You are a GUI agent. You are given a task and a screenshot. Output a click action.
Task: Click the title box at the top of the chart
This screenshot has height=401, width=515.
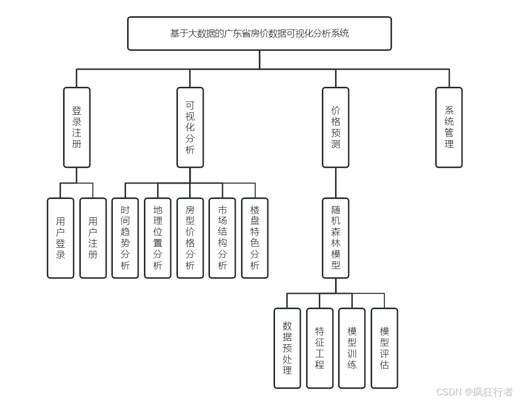pyautogui.click(x=259, y=34)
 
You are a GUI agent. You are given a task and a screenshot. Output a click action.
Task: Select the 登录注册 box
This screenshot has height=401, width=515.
pyautogui.click(x=77, y=127)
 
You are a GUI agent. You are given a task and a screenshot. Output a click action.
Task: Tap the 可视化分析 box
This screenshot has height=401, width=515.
pyautogui.click(x=190, y=127)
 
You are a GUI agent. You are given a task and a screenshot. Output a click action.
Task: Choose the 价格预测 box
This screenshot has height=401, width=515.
pyautogui.click(x=336, y=127)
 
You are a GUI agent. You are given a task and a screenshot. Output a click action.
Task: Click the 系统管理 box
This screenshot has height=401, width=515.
pyautogui.click(x=449, y=127)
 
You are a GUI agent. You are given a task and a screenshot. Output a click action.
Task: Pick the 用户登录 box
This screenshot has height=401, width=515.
pyautogui.click(x=60, y=238)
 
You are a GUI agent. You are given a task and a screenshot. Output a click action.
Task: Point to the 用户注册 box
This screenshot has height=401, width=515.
pyautogui.click(x=93, y=238)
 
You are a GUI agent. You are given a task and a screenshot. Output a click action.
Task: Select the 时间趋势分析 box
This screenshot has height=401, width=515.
pyautogui.click(x=125, y=238)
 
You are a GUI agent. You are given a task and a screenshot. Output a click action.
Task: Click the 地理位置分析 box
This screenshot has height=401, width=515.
pyautogui.click(x=158, y=238)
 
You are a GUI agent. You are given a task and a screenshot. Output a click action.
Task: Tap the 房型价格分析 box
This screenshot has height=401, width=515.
pyautogui.click(x=190, y=238)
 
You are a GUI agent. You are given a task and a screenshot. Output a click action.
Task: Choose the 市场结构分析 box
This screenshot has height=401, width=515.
pyautogui.click(x=222, y=238)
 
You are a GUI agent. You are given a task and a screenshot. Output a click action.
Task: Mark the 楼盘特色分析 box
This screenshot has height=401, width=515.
pyautogui.click(x=255, y=238)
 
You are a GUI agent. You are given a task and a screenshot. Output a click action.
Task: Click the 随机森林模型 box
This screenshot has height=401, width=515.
pyautogui.click(x=336, y=238)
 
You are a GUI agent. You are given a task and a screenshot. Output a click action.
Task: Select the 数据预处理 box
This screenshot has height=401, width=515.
pyautogui.click(x=287, y=348)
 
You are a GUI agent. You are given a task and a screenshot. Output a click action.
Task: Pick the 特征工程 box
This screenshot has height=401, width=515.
pyautogui.click(x=320, y=348)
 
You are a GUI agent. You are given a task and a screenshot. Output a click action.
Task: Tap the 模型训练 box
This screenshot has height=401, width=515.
pyautogui.click(x=352, y=348)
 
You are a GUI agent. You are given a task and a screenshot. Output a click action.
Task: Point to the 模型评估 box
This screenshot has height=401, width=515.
pyautogui.click(x=384, y=348)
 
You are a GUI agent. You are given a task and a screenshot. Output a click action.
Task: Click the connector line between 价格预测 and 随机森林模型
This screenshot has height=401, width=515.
pyautogui.click(x=336, y=183)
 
